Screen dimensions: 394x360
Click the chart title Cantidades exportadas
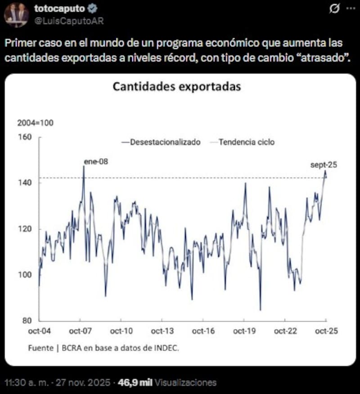click(x=176, y=86)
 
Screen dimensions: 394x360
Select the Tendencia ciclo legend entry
click(x=246, y=142)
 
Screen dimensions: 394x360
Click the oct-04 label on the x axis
click(x=39, y=331)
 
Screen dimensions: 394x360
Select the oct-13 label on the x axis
click(x=162, y=331)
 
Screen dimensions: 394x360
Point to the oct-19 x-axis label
click(x=244, y=331)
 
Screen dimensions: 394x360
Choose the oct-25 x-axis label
click(x=326, y=331)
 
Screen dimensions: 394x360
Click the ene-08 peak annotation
click(x=96, y=161)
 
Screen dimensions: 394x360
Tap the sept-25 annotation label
click(x=324, y=165)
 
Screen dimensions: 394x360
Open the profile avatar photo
click(x=17, y=14)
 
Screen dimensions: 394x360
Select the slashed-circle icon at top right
click(x=334, y=9)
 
